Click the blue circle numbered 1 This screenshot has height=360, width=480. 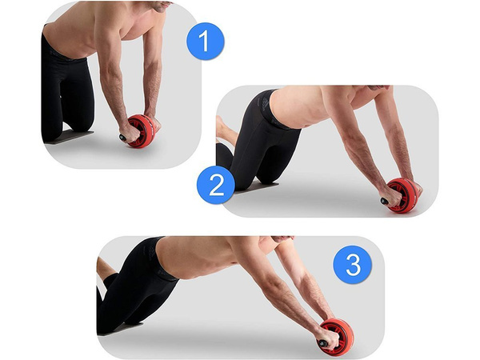pyautogui.click(x=205, y=40)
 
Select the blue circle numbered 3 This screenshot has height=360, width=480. pyautogui.click(x=353, y=265)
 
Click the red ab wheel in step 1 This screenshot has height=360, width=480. pyautogui.click(x=142, y=130)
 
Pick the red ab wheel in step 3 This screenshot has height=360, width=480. pyautogui.click(x=336, y=335)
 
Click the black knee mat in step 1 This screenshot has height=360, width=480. pyautogui.click(x=69, y=137)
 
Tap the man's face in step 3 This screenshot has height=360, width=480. pyautogui.click(x=282, y=239)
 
